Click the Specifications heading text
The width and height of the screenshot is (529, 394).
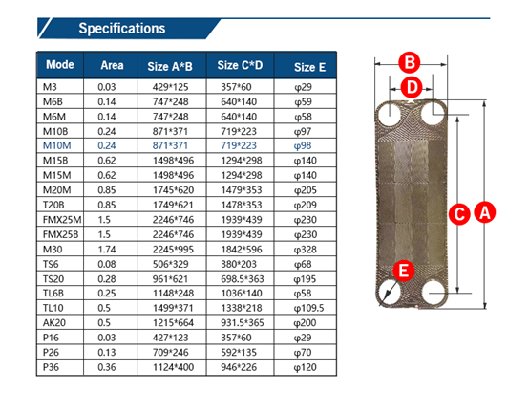pyautogui.click(x=122, y=29)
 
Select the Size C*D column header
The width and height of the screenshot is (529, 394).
pyautogui.click(x=240, y=65)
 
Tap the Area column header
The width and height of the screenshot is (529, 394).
pyautogui.click(x=112, y=65)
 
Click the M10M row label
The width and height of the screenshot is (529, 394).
pyautogui.click(x=56, y=145)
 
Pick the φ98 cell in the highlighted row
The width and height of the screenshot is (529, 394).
pyautogui.click(x=303, y=145)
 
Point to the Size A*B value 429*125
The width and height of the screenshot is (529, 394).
pyautogui.click(x=170, y=87)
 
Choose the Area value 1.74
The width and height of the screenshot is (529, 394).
pyautogui.click(x=107, y=250)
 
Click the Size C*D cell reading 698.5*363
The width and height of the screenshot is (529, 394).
pyautogui.click(x=243, y=279)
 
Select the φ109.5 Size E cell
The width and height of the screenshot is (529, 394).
pyautogui.click(x=308, y=308)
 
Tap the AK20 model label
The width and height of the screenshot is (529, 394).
pyautogui.click(x=54, y=322)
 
